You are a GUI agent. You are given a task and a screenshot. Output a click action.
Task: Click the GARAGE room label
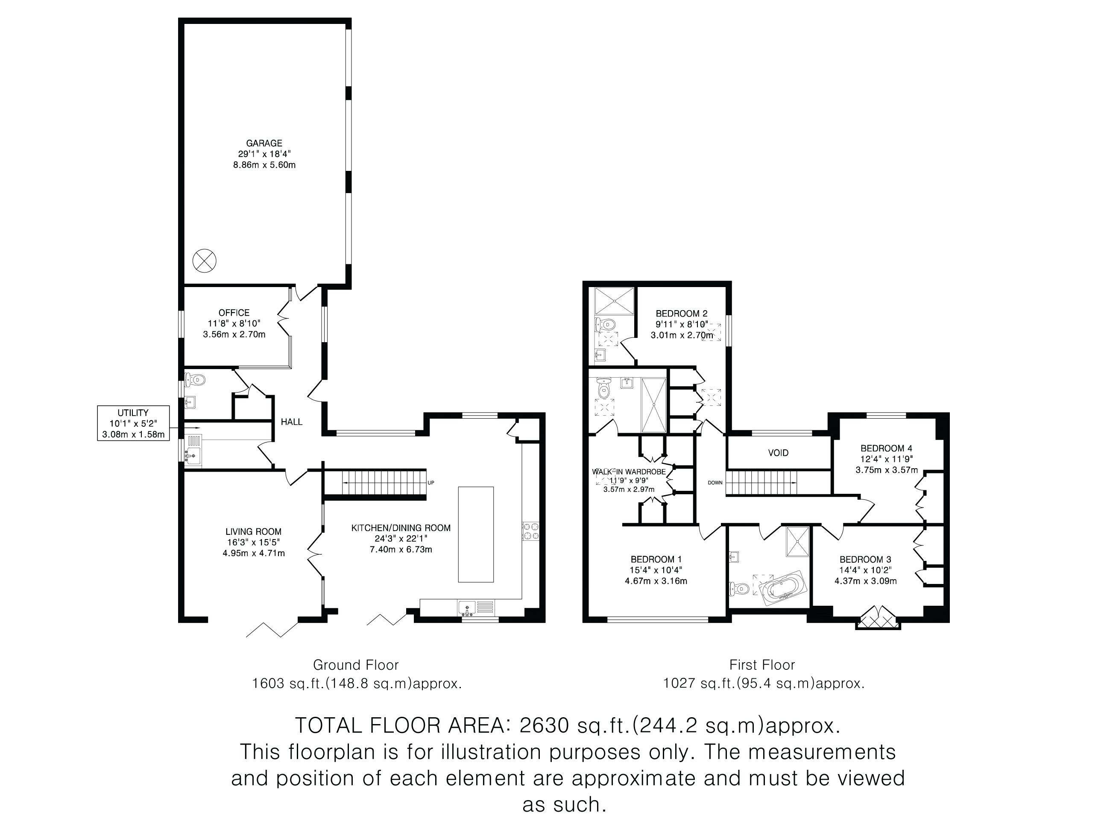click(264, 143)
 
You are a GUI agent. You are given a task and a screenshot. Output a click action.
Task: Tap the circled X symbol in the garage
click(204, 261)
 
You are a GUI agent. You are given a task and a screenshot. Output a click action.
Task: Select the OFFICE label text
click(234, 313)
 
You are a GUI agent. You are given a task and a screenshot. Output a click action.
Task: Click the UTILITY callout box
click(133, 423)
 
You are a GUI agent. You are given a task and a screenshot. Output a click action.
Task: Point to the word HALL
click(291, 422)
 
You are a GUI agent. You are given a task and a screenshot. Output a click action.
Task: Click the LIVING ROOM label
click(253, 532)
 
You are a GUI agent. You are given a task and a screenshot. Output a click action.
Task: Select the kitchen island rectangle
click(476, 534)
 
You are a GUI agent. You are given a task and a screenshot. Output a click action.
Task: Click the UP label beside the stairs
click(430, 483)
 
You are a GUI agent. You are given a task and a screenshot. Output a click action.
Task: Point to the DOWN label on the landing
click(715, 483)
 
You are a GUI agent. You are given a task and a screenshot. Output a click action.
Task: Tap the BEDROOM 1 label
click(656, 559)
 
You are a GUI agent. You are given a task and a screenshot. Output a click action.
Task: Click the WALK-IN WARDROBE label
click(629, 472)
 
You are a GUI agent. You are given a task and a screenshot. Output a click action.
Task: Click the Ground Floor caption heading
click(356, 665)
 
